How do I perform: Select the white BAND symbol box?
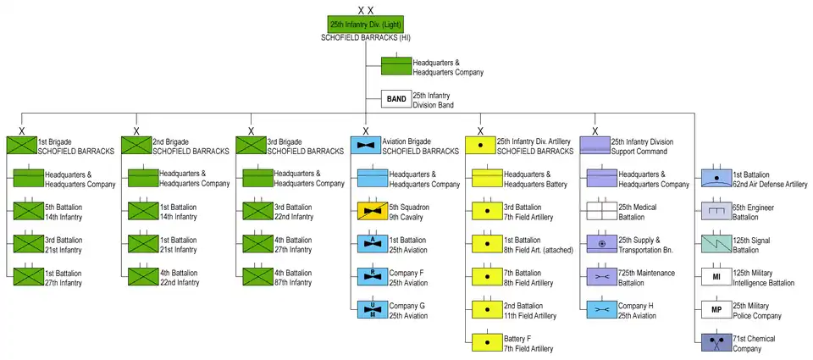click(x=395, y=99)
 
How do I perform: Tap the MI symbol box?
click(x=716, y=276)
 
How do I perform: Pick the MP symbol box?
click(x=716, y=309)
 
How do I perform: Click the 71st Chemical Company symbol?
click(x=716, y=343)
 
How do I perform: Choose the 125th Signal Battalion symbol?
click(x=716, y=244)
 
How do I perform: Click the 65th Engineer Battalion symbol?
click(x=716, y=211)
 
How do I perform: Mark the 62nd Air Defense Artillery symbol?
click(x=716, y=178)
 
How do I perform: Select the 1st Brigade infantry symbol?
click(x=20, y=145)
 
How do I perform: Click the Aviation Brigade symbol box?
click(x=365, y=145)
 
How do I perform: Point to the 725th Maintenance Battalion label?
click(x=647, y=277)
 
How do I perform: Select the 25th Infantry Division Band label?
click(x=433, y=100)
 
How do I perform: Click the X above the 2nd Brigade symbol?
click(x=135, y=130)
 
